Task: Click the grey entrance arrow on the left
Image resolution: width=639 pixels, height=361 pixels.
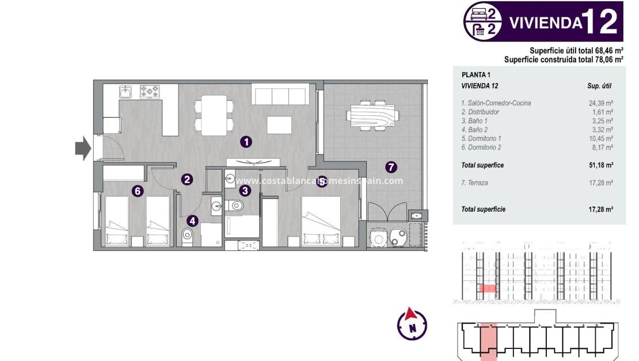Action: tap(83, 149)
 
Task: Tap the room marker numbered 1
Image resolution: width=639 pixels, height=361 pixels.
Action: tap(246, 141)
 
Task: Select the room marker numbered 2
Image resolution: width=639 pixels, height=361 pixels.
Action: tap(187, 179)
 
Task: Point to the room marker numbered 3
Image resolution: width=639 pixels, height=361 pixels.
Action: tap(245, 190)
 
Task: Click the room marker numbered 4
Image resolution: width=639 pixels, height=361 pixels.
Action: tap(192, 220)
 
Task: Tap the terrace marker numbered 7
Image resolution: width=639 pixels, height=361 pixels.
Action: tap(391, 168)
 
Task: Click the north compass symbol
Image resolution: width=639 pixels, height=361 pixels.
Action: tap(412, 324)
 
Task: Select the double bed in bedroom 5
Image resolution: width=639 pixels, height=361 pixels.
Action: tap(321, 222)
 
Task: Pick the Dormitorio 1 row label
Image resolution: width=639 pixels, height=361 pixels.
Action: tap(481, 138)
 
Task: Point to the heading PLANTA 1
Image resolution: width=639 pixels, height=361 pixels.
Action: tap(476, 75)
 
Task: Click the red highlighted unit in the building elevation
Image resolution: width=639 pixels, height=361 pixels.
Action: tap(488, 288)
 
